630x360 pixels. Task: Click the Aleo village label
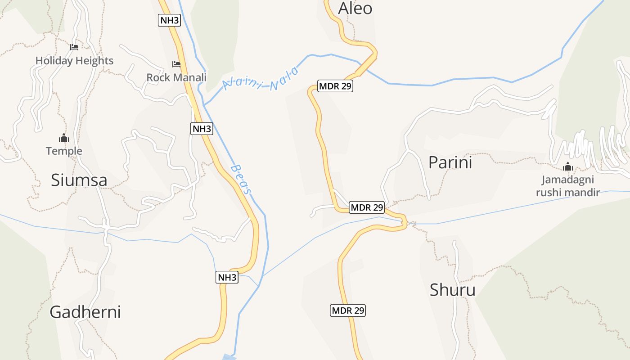[355, 8]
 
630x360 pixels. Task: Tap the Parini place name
[450, 162]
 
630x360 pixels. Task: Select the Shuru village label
[452, 290]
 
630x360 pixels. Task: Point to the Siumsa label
[79, 180]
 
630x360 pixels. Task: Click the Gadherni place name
[85, 312]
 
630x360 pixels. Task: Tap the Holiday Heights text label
[74, 61]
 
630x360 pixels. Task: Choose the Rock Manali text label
[176, 77]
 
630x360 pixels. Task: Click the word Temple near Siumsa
[64, 151]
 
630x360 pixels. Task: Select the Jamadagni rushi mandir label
[571, 186]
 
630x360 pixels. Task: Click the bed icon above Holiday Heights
[74, 47]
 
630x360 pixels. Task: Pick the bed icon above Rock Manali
[176, 64]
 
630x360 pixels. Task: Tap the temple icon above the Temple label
[64, 138]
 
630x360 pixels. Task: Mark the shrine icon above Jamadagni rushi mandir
[568, 167]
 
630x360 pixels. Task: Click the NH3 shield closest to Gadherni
[227, 278]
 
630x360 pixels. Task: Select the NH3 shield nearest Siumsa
[202, 129]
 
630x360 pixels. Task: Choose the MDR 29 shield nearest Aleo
[335, 86]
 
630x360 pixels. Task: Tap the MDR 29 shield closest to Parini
[367, 207]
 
